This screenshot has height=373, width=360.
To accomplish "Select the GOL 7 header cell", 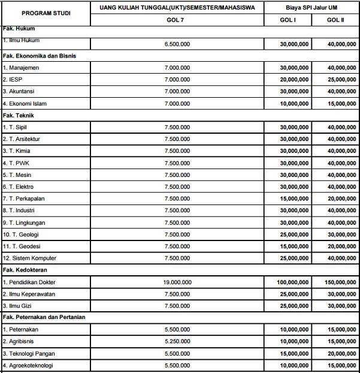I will coord(177,20).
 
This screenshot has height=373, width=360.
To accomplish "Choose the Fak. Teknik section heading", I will coord(20,115).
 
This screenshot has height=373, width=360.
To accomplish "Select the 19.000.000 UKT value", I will coord(177,281).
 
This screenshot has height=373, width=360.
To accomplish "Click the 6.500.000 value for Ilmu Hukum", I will coord(177,44).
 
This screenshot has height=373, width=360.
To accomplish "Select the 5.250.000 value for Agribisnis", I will coord(177,341).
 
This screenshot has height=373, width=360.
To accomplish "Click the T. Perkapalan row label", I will coord(23,198).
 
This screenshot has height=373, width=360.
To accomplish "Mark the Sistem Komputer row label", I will coord(29,258).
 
